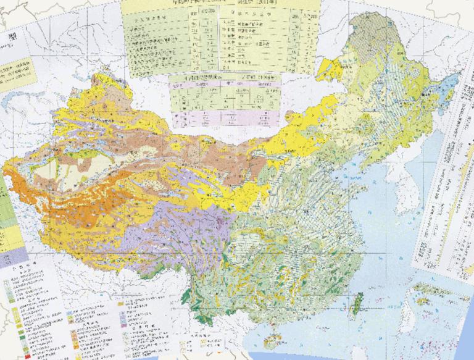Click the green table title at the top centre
pyautogui.click(x=220, y=4)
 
